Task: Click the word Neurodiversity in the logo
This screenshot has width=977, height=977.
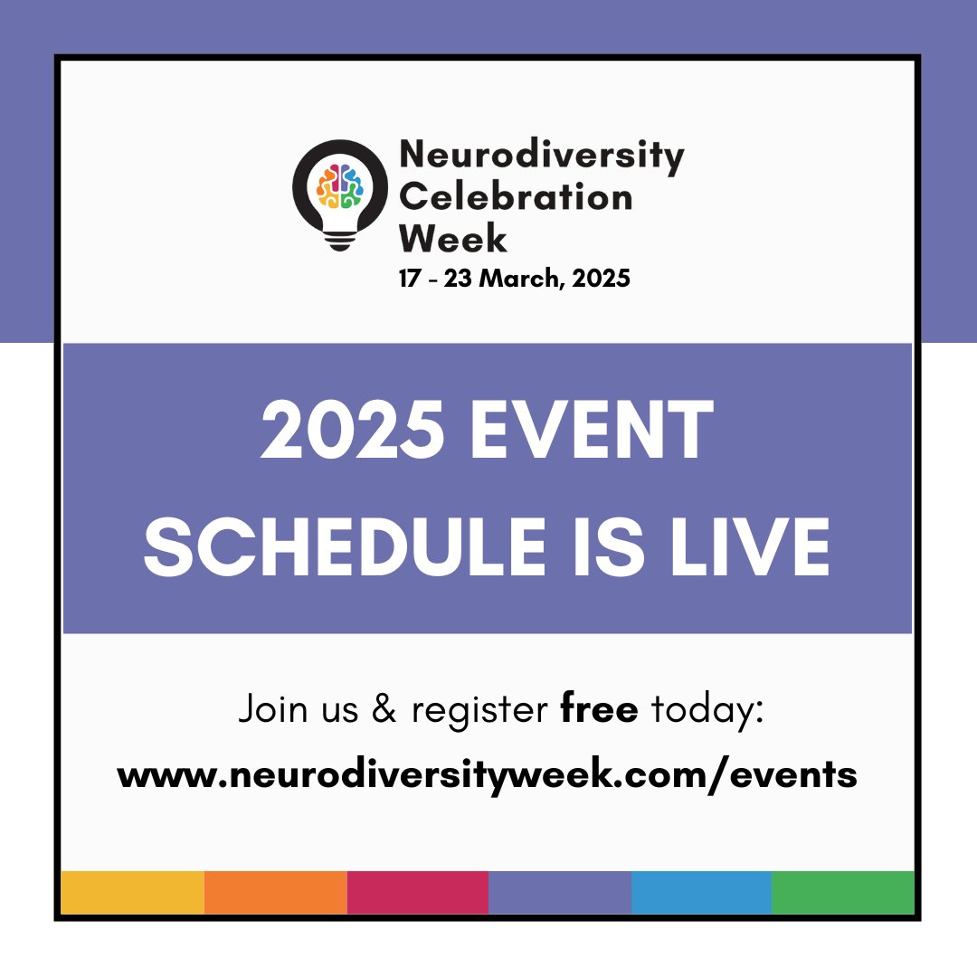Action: pyautogui.click(x=541, y=156)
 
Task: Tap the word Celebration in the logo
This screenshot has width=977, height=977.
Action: pyautogui.click(x=516, y=196)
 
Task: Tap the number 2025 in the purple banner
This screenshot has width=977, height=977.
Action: pyautogui.click(x=352, y=433)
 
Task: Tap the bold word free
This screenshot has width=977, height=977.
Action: pyautogui.click(x=599, y=710)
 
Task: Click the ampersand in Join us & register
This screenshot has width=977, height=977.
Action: pyautogui.click(x=384, y=710)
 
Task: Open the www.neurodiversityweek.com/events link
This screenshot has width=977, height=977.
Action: pyautogui.click(x=488, y=775)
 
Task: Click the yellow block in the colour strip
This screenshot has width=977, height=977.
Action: pyautogui.click(x=132, y=893)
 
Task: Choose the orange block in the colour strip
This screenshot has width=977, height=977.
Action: pyautogui.click(x=276, y=893)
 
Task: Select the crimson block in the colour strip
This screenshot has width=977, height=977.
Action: pyautogui.click(x=418, y=893)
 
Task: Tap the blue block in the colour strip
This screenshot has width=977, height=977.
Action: pyautogui.click(x=701, y=893)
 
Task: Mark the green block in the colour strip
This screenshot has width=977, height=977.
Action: pyautogui.click(x=843, y=893)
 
